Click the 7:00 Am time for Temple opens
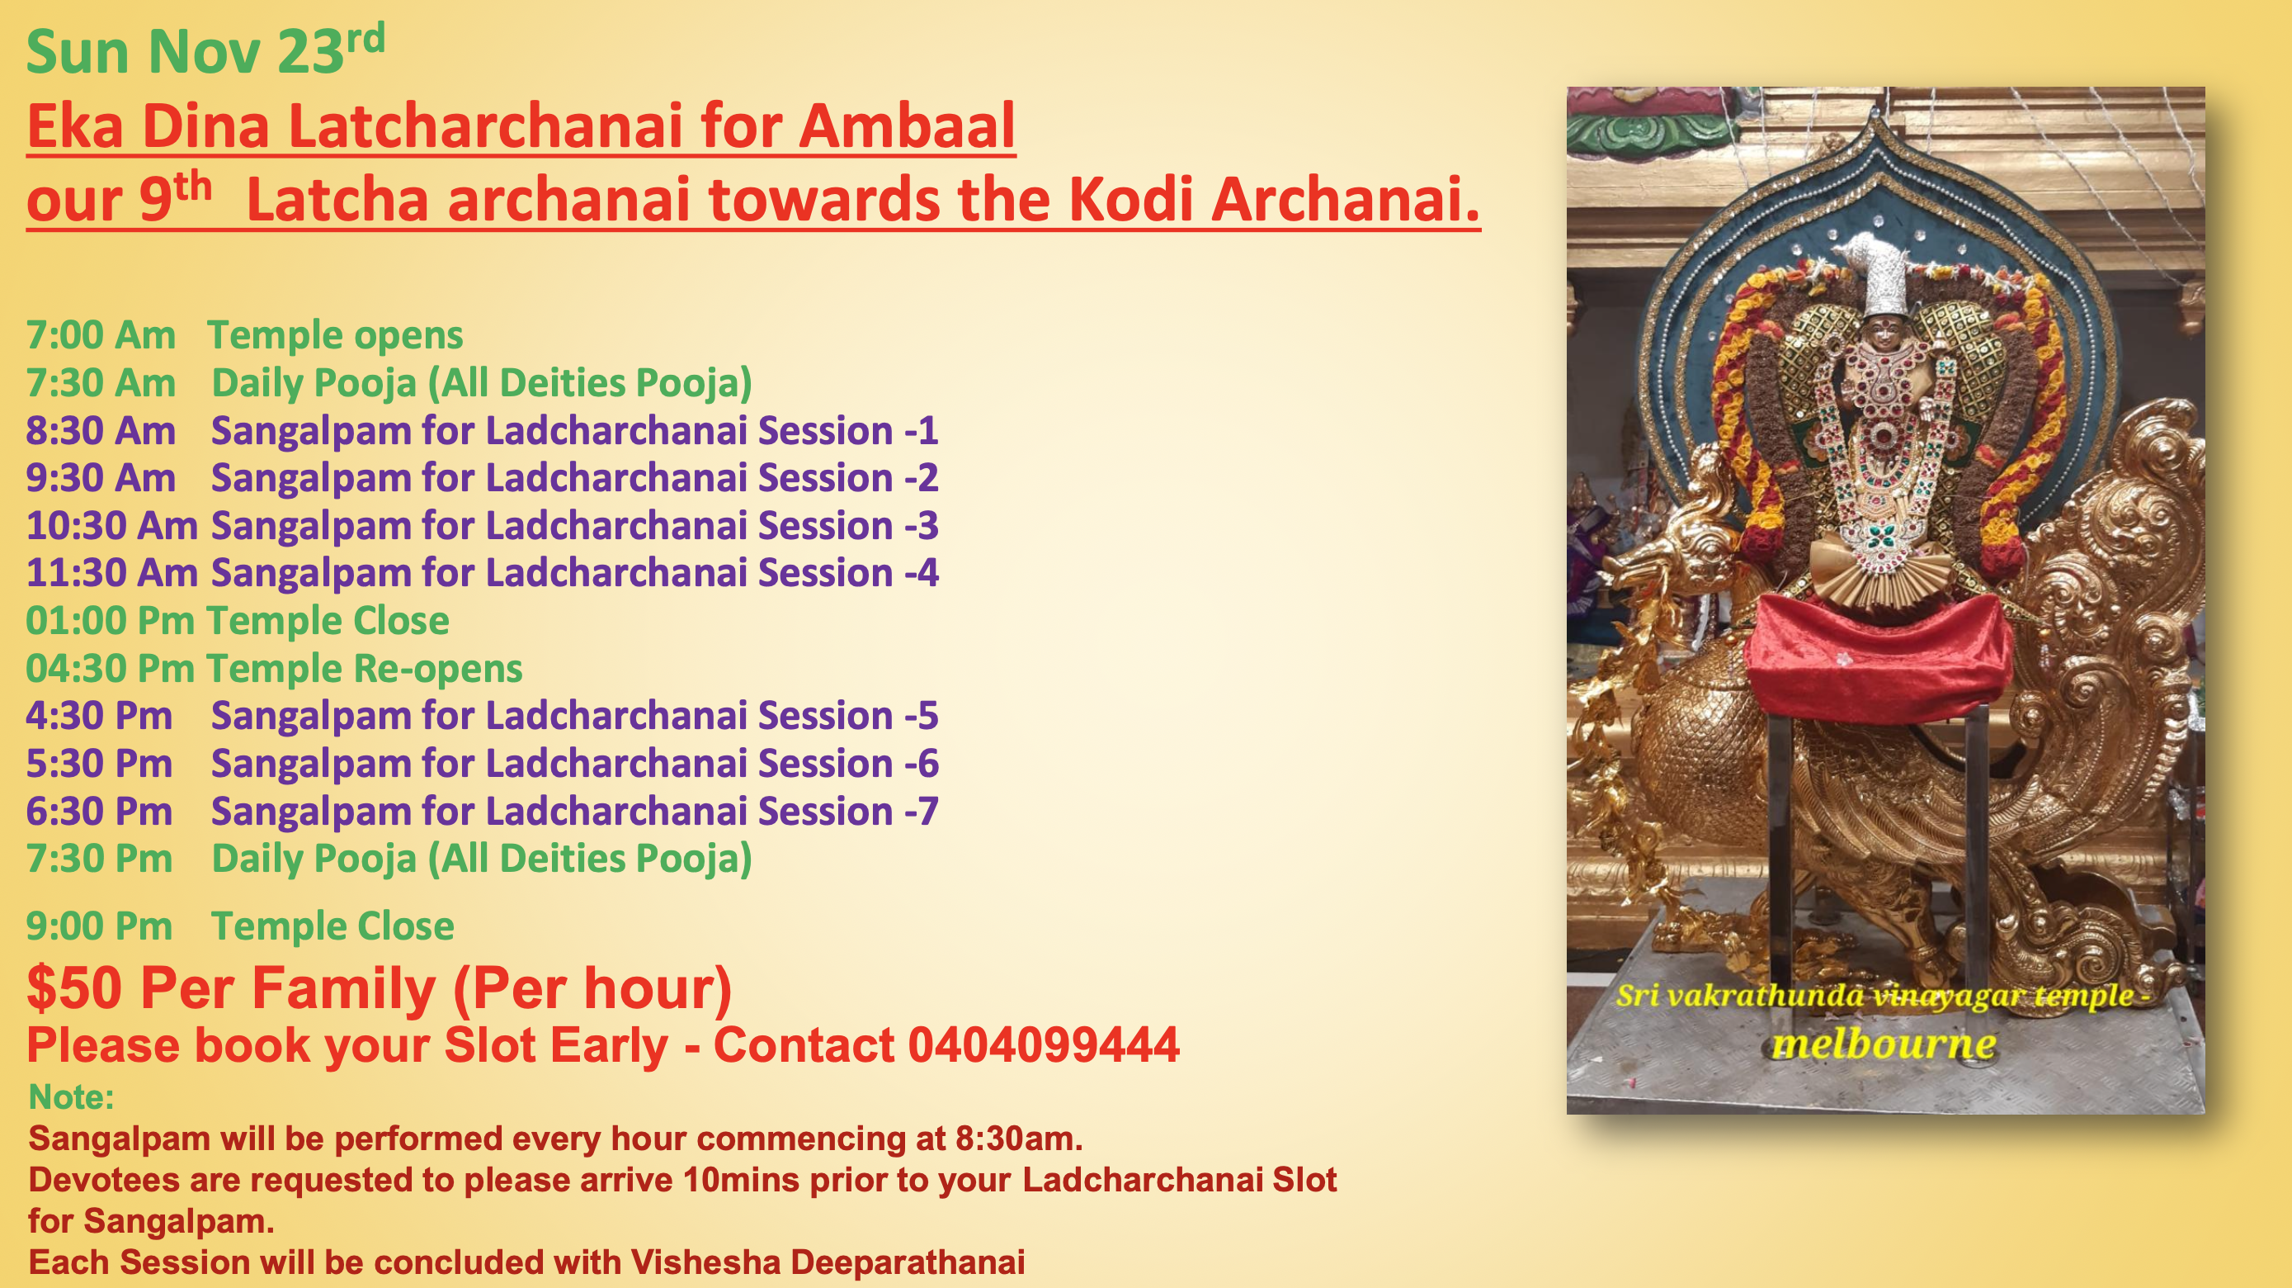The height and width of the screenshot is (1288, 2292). tap(101, 335)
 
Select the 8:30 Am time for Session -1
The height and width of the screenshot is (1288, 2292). tap(101, 431)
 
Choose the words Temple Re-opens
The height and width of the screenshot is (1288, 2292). tap(364, 669)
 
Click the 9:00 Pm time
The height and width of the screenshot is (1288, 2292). tap(99, 926)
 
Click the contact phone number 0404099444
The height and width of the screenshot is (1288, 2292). tap(1043, 1045)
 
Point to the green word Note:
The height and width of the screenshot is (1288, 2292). tap(71, 1097)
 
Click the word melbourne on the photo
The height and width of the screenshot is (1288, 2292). tap(1883, 1044)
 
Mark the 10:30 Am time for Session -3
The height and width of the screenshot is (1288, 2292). tap(111, 526)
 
